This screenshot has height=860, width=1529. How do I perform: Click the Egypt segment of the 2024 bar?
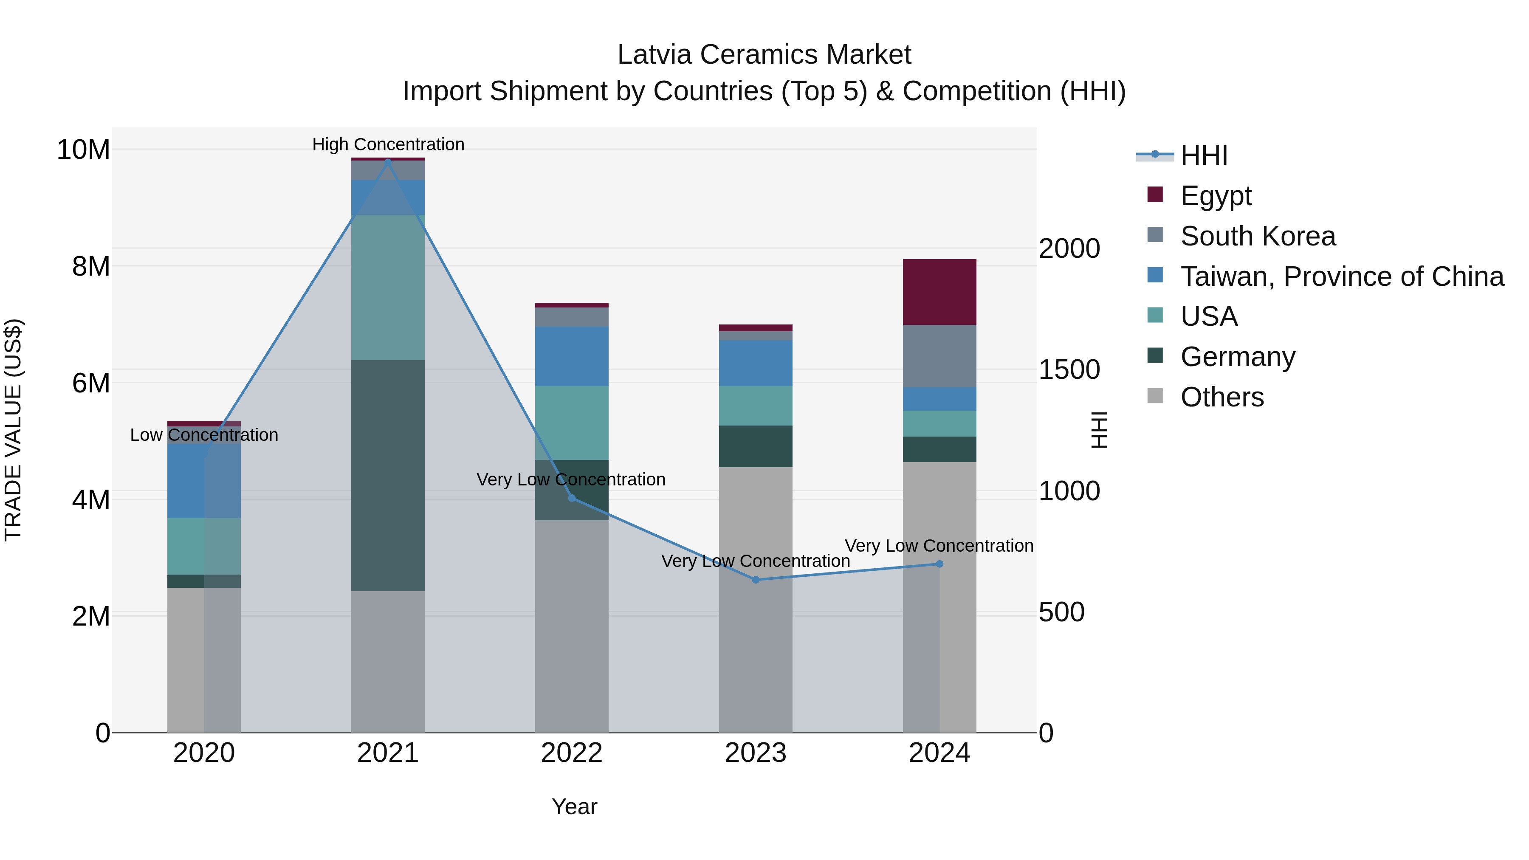[x=939, y=292]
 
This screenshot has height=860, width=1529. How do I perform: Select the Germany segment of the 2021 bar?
[x=388, y=475]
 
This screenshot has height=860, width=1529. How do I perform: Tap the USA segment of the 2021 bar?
[x=388, y=287]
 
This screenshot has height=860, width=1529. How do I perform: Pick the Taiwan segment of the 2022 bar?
[x=572, y=356]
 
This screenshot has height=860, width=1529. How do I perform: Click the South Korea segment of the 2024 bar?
[x=939, y=356]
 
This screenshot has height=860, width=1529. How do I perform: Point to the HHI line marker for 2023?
[x=756, y=580]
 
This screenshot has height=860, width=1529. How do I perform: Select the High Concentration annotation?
[x=388, y=144]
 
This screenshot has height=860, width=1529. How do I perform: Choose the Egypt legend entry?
[x=1216, y=195]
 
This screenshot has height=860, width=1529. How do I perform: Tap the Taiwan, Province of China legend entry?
[x=1341, y=276]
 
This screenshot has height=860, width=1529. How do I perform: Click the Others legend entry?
[x=1222, y=397]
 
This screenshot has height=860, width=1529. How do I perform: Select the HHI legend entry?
[x=1203, y=155]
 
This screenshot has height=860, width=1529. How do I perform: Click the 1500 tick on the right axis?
[x=1069, y=370]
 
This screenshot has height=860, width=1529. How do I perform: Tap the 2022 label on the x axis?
[x=572, y=753]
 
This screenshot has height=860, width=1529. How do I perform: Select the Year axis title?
[x=574, y=806]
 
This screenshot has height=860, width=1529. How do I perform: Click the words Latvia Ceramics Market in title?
[x=764, y=55]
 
